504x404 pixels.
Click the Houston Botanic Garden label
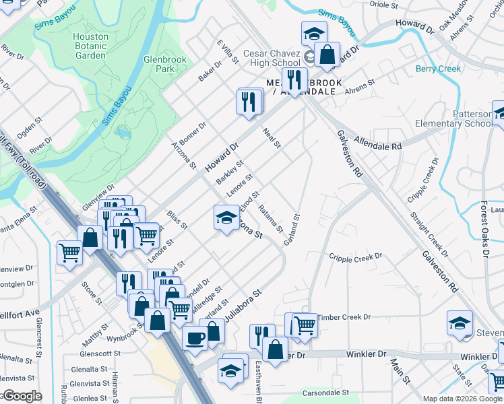click(90, 46)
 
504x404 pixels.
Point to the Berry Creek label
click(438, 69)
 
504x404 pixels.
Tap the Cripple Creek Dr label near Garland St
click(355, 257)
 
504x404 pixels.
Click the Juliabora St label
click(242, 305)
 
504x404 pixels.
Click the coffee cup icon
click(195, 337)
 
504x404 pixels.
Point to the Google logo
click(22, 396)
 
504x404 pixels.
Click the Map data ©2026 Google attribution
click(462, 399)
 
